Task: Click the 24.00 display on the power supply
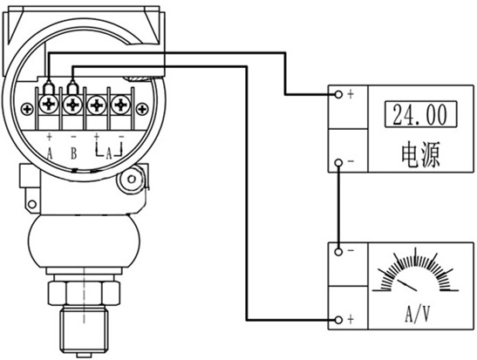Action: (420, 114)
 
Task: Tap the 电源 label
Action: (420, 155)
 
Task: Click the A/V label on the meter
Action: (418, 314)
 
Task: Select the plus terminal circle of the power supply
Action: (338, 94)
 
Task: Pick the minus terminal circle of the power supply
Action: (338, 163)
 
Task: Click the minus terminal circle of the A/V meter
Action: (338, 252)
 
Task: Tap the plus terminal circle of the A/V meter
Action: (338, 320)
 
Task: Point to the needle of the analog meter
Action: (407, 284)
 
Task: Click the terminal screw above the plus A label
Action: (49, 105)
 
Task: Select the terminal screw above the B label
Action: (72, 105)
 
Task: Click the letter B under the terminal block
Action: (74, 153)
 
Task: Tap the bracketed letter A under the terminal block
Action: (109, 154)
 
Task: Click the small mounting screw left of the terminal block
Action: (27, 109)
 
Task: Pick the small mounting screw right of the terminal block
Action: (142, 109)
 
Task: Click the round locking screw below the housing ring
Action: (132, 180)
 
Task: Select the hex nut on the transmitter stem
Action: (84, 293)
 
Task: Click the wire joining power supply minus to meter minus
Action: (338, 207)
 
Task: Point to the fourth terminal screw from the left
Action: (121, 105)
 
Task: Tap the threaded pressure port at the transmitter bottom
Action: (84, 329)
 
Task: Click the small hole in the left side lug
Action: (32, 204)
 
